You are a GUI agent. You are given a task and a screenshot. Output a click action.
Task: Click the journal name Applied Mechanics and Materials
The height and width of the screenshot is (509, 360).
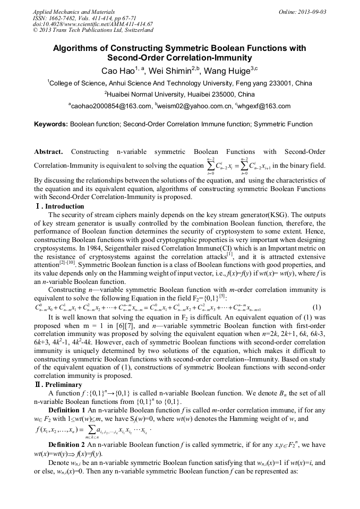74,11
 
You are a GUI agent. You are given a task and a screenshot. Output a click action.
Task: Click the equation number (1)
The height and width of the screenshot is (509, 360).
316,307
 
